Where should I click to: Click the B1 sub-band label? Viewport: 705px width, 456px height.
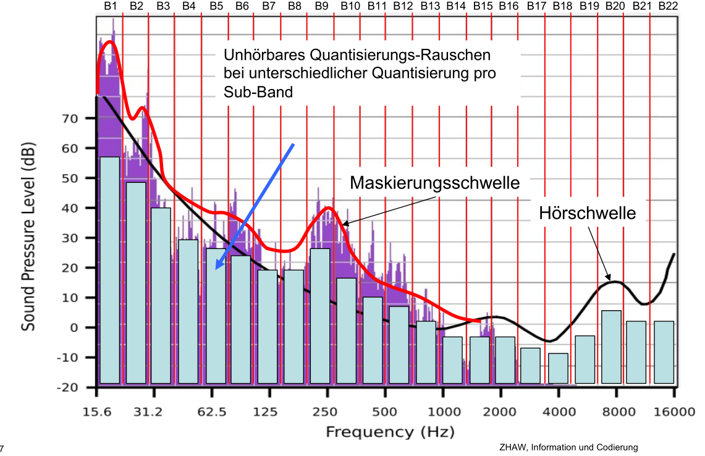pos(111,6)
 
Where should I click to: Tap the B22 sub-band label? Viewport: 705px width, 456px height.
pos(668,6)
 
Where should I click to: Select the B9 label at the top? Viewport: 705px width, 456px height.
pos(321,6)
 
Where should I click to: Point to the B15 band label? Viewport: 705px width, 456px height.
pos(482,6)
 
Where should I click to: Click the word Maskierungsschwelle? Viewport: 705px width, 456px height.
pos(434,183)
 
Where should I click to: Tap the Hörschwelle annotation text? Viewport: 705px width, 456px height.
pos(588,214)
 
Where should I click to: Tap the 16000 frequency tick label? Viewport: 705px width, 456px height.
pos(673,412)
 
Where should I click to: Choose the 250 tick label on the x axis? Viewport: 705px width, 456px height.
pos(327,412)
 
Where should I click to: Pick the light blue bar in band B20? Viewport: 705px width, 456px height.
pos(611,347)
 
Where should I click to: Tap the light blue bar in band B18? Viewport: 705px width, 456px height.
pos(558,368)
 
